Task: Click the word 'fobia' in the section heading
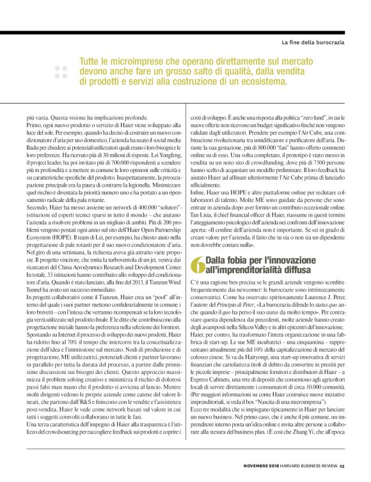239,260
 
